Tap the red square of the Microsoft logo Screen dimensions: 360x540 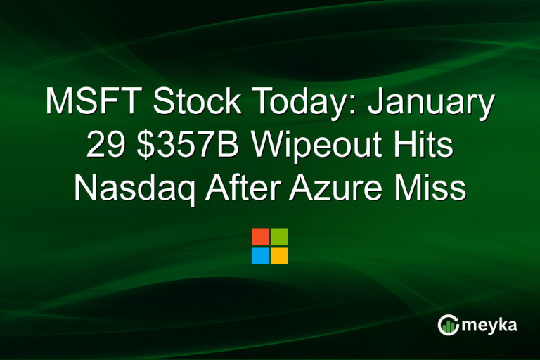pyautogui.click(x=260, y=236)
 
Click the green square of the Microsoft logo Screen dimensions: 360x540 pyautogui.click(x=279, y=236)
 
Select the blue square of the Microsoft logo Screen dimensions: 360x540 pyautogui.click(x=260, y=255)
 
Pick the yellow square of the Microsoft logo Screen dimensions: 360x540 pyautogui.click(x=279, y=255)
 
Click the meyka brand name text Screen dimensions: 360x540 pyautogui.click(x=491, y=324)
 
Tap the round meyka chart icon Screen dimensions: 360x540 pyautogui.click(x=448, y=324)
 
